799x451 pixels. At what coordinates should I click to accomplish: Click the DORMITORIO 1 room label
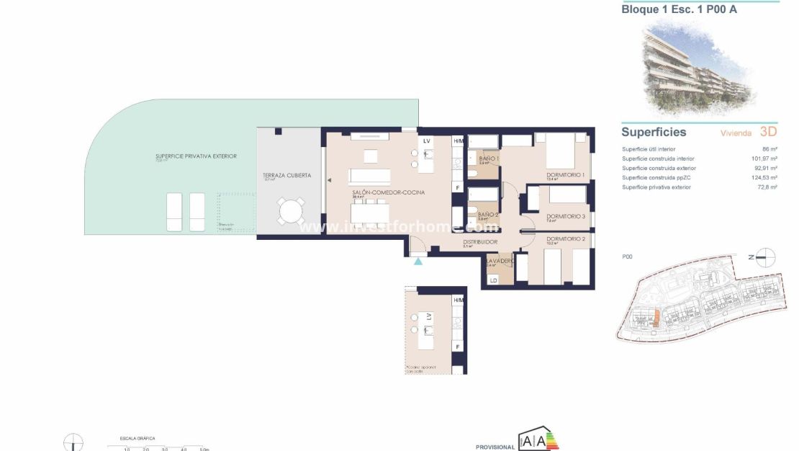tap(564, 174)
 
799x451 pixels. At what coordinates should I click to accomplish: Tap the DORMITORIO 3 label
tap(565, 216)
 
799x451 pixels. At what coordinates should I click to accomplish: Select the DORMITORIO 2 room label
tap(565, 238)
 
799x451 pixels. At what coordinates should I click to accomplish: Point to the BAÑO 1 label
tap(488, 158)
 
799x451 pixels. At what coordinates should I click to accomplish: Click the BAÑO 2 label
tap(488, 214)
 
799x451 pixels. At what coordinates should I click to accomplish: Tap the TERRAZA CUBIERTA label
tap(288, 175)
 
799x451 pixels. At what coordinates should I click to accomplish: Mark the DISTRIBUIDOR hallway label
tap(481, 242)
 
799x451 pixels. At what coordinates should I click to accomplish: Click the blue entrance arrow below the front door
tap(418, 262)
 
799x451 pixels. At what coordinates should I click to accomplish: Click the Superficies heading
tap(654, 132)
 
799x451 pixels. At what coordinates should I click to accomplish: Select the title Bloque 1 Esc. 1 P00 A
tap(679, 9)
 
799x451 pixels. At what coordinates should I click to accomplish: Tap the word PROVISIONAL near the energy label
tap(495, 447)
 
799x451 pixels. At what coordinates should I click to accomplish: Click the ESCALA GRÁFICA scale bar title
tap(137, 438)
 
